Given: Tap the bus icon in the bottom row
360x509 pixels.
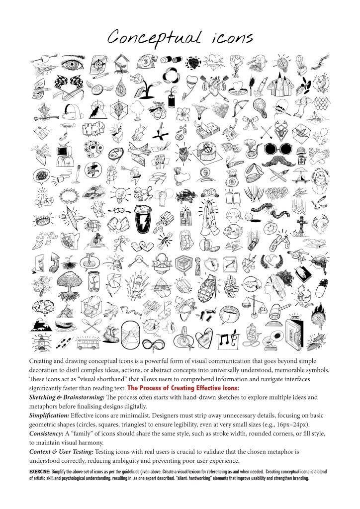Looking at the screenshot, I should [90, 342].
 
